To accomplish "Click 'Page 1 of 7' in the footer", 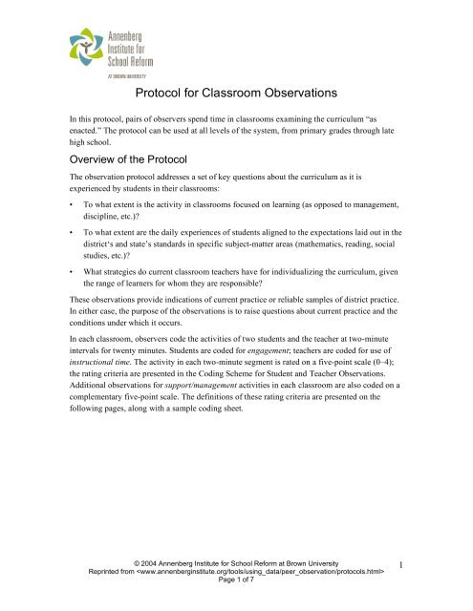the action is click(x=235, y=592).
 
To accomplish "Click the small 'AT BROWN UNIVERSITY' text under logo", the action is click(x=121, y=71).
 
